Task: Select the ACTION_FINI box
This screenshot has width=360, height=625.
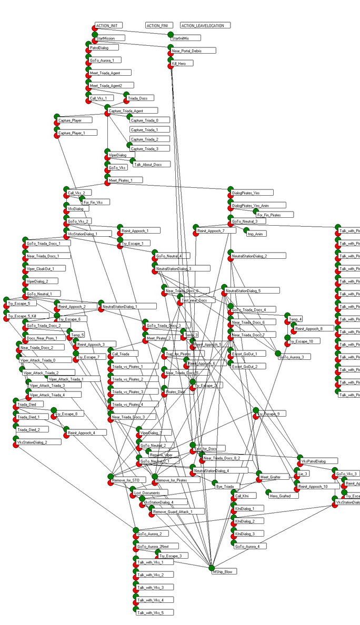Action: (x=160, y=25)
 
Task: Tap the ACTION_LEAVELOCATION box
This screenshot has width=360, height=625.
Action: (x=206, y=25)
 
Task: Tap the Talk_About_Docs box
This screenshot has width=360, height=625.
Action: (x=152, y=165)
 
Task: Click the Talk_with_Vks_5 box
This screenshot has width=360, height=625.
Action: (x=154, y=613)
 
